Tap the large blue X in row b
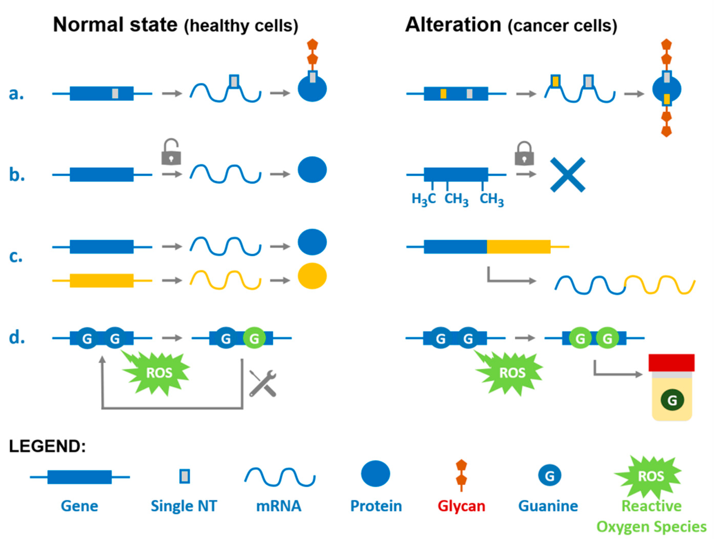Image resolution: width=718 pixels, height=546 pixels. click(567, 175)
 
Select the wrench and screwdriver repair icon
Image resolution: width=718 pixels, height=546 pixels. click(263, 384)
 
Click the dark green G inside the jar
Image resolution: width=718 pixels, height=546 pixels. click(672, 400)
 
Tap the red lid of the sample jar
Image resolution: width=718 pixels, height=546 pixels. click(671, 363)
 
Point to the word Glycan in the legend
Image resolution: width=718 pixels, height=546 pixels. click(461, 506)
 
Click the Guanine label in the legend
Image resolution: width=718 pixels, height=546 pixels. click(548, 506)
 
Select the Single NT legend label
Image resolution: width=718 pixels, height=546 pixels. click(184, 506)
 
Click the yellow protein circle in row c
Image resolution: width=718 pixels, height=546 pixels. click(312, 276)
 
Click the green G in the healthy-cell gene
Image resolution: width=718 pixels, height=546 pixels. click(254, 338)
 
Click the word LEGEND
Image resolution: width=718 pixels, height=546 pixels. click(47, 446)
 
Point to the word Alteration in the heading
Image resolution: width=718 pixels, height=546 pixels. click(453, 25)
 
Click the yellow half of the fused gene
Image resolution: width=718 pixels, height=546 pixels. click(518, 247)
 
